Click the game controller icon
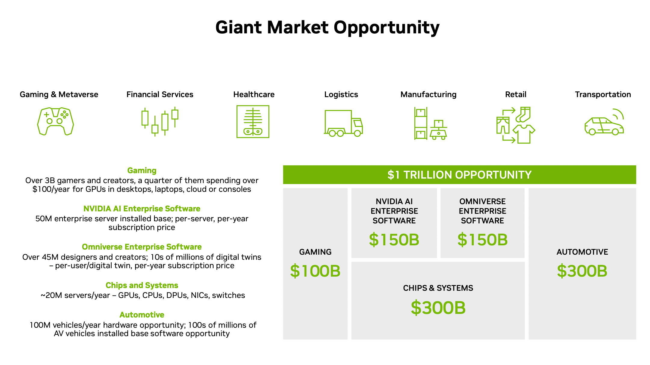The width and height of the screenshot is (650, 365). coord(55,121)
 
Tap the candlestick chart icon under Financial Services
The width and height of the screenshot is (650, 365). coord(160,121)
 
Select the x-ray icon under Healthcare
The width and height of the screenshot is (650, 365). coord(253,121)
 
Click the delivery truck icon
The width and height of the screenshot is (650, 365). coord(343,123)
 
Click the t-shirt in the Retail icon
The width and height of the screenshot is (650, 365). coord(524,134)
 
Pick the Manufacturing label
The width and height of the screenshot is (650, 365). coord(429,94)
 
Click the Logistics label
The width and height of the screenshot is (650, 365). coord(341,94)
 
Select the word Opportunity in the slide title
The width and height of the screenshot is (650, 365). coord(387,28)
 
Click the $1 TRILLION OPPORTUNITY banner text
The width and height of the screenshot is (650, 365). coord(460,175)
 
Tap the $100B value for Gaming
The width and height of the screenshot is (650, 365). coord(315,271)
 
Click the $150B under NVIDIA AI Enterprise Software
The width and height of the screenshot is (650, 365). coord(394,240)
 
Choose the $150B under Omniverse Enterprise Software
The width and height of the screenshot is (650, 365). coord(482,240)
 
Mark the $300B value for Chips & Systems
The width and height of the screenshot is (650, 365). coord(438,308)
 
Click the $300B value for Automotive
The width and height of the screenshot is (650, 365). coord(582,271)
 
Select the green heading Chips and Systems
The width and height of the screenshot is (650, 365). coord(142,285)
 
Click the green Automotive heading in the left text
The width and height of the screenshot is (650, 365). coord(142,314)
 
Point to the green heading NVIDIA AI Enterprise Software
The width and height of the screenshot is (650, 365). coord(142,209)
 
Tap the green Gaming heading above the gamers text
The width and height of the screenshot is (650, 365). coord(142,170)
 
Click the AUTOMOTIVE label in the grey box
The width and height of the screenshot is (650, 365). coord(582,252)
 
